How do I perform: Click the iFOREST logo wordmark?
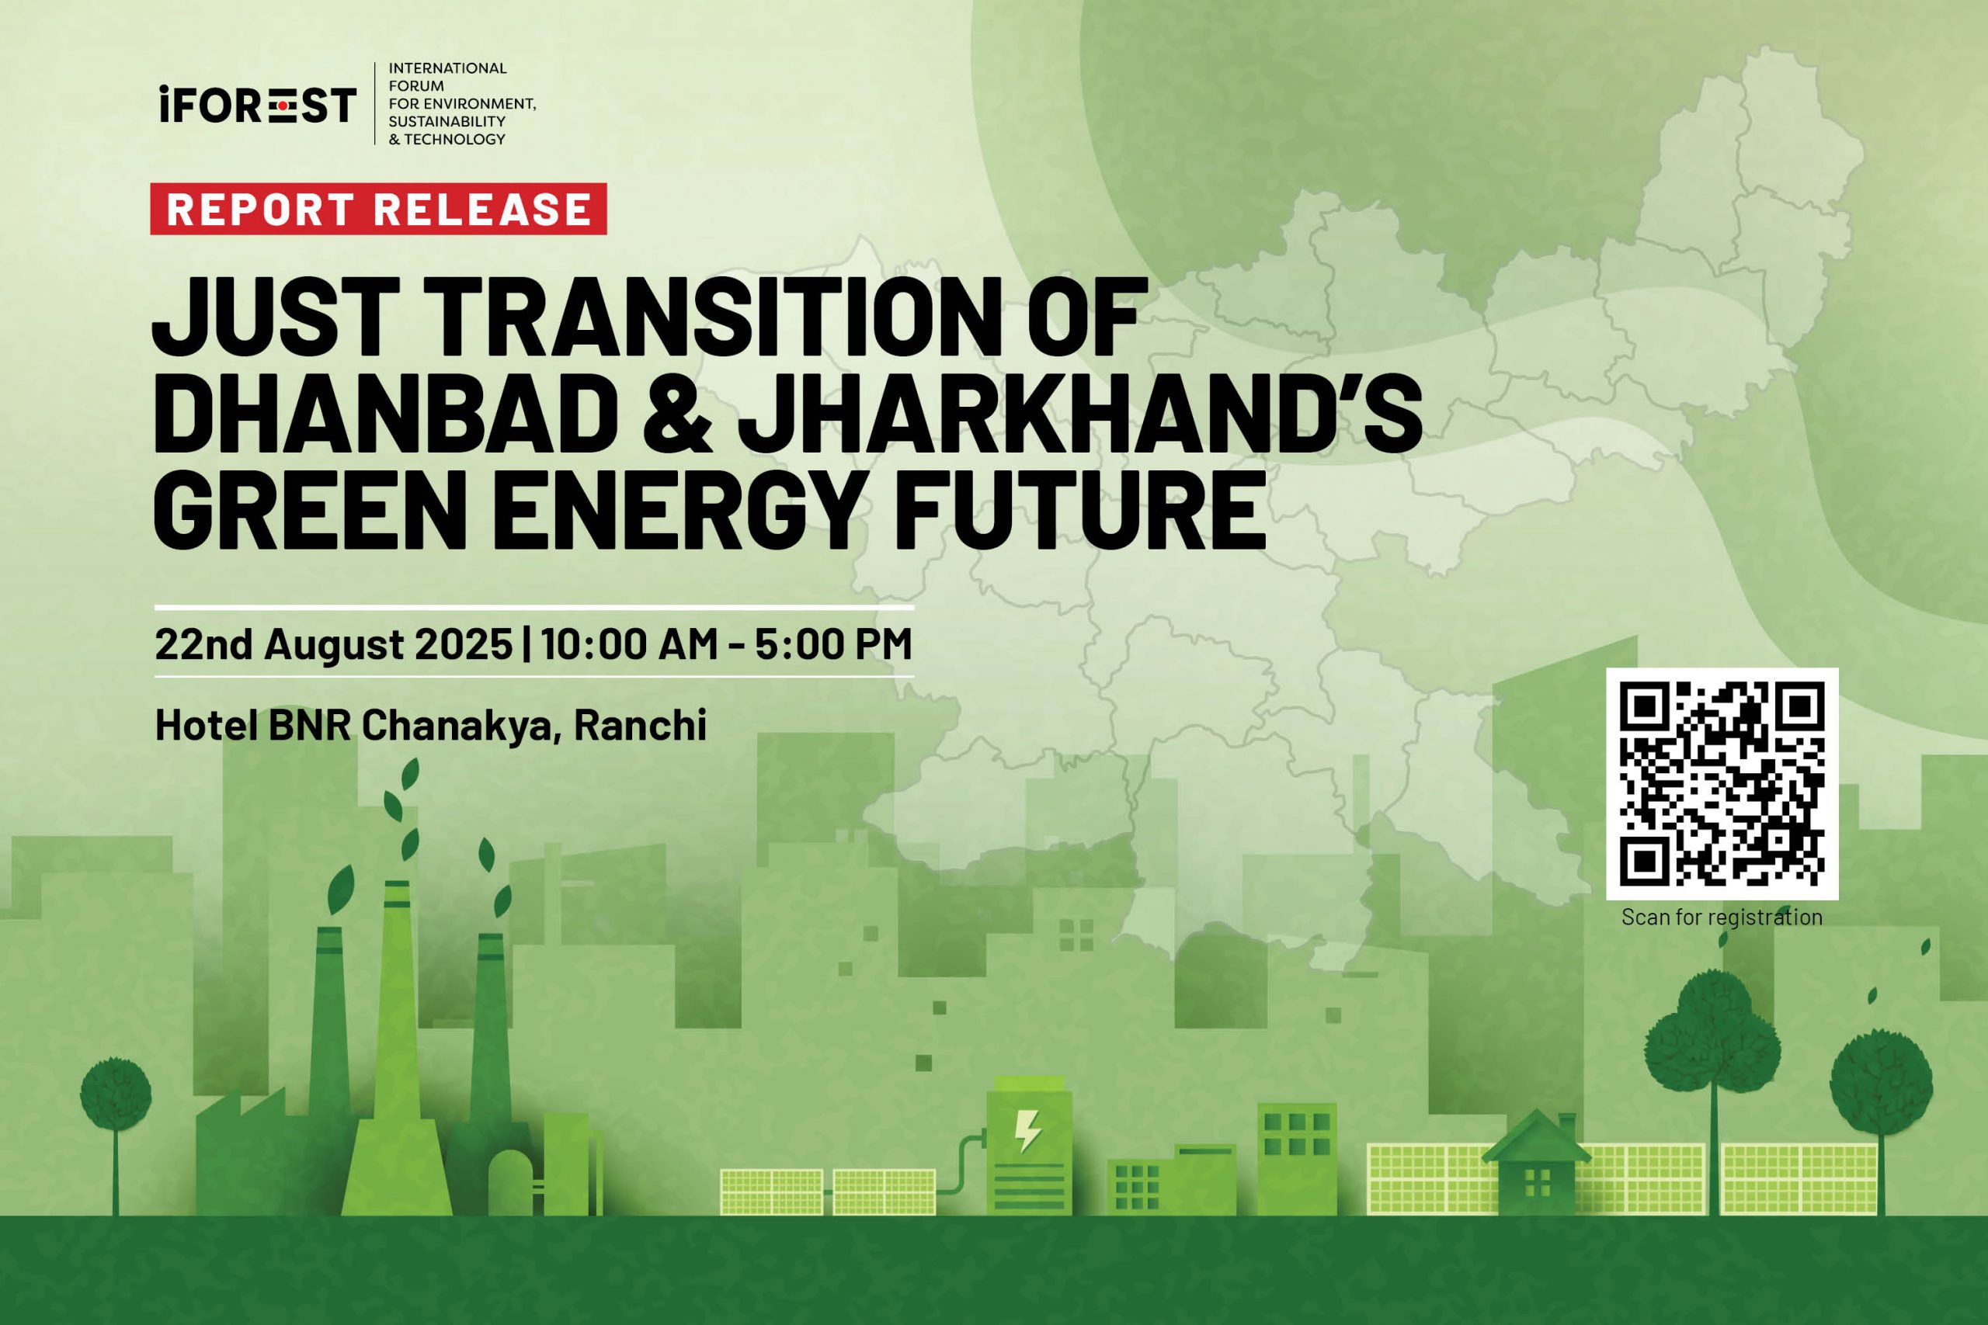coord(258,104)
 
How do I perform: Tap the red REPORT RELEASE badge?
coord(378,209)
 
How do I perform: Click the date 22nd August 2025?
coord(333,644)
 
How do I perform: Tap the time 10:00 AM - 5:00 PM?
coord(727,644)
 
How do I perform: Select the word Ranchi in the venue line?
coord(640,725)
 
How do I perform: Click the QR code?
coord(1722,783)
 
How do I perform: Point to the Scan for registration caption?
coord(1722,917)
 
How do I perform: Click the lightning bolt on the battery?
coord(1028,1131)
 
